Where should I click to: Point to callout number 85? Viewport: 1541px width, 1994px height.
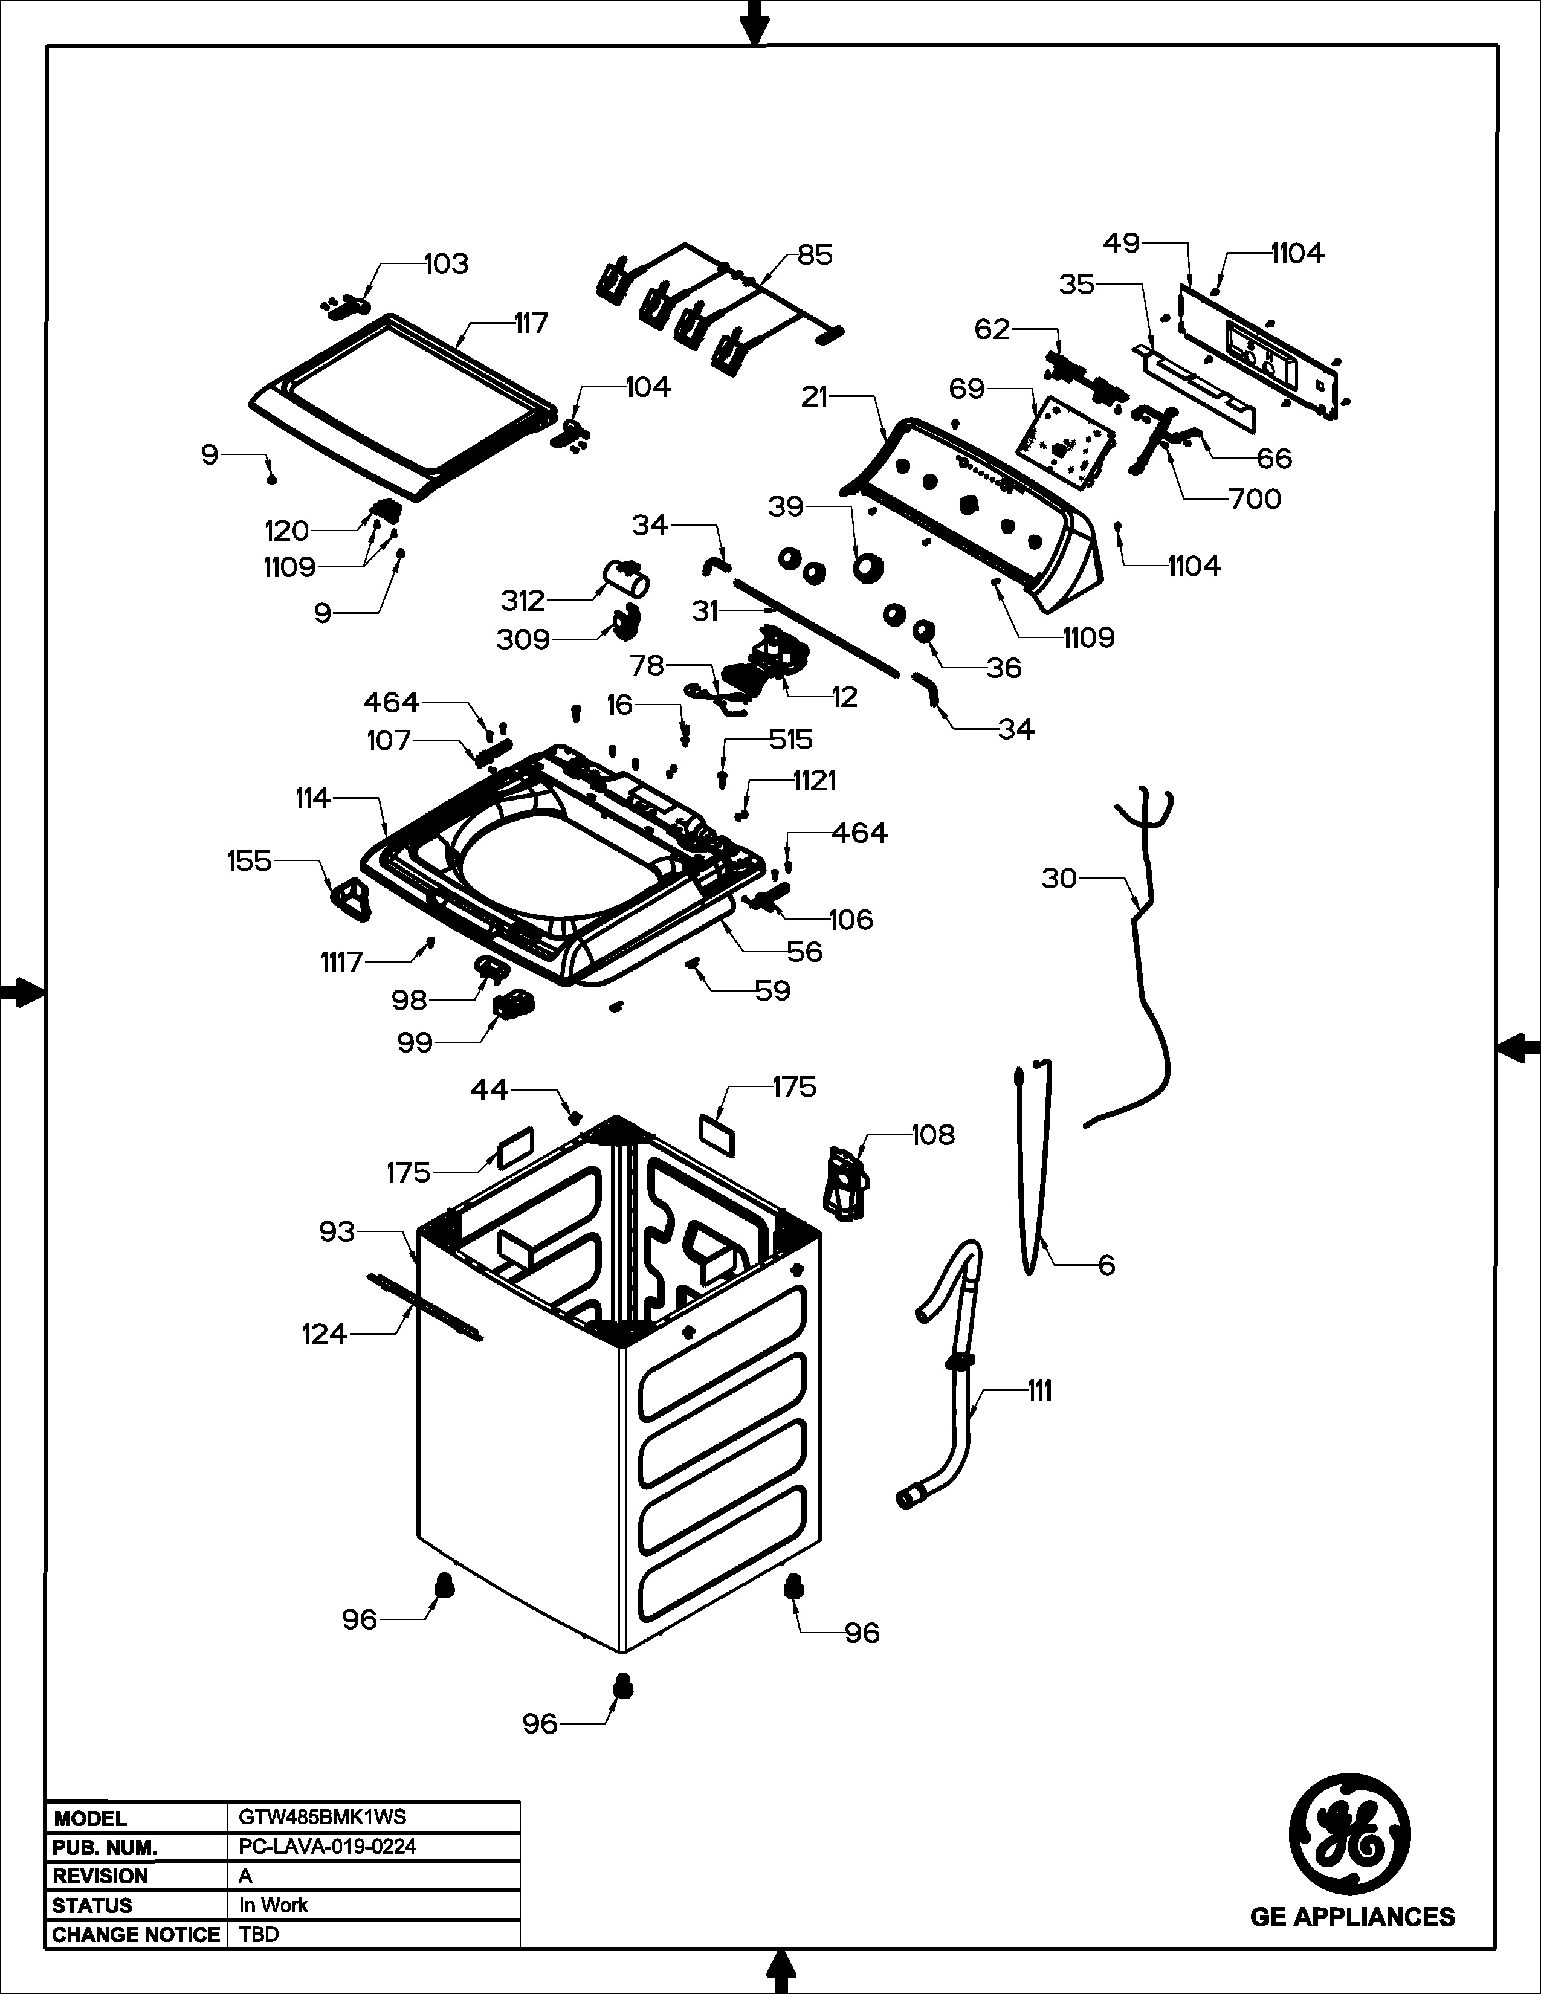815,255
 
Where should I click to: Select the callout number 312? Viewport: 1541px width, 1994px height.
522,601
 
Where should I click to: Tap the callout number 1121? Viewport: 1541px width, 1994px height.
815,781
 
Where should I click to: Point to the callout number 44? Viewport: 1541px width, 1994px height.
489,1089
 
